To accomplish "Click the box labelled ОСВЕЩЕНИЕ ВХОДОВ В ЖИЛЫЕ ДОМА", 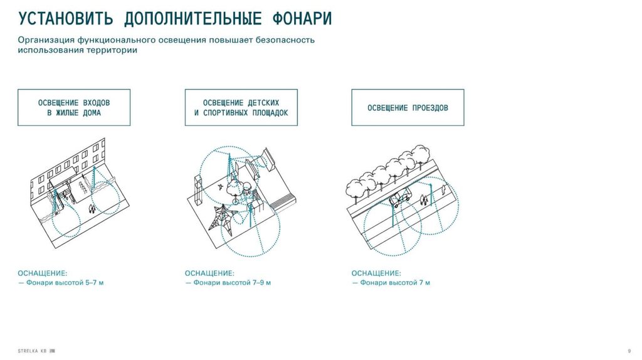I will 74,107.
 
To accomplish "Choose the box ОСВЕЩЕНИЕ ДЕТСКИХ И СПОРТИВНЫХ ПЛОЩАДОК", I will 241,107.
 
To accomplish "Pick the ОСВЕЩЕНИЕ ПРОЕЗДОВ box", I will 408,108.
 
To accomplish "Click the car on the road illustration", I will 399,199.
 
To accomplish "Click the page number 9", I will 629,349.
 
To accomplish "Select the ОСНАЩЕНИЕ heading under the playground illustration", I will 209,273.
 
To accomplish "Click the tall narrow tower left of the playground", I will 198,191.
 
